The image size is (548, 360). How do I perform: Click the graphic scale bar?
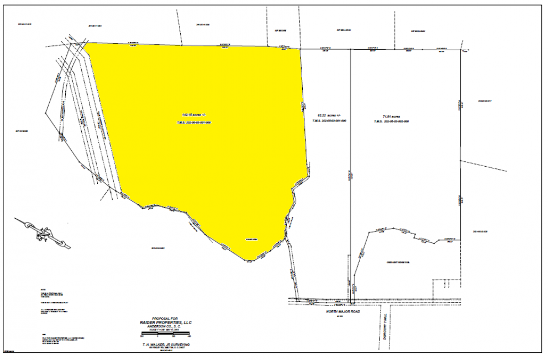pyautogui.click(x=166, y=335)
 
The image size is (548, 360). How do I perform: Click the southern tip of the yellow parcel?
pyautogui.click(x=247, y=261)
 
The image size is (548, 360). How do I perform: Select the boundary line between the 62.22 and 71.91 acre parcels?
pyautogui.click(x=350, y=166)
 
